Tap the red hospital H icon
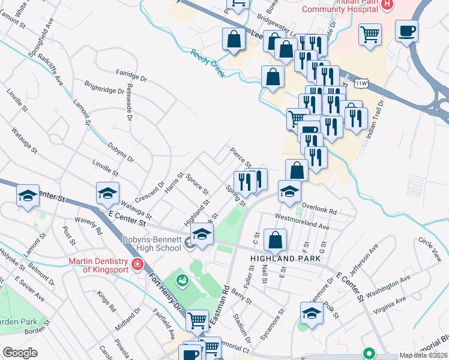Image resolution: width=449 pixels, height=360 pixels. pyautogui.click(x=387, y=5)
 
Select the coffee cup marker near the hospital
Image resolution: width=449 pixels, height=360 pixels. pyautogui.click(x=406, y=31)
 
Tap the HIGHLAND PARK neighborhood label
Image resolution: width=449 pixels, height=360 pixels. pyautogui.click(x=285, y=258)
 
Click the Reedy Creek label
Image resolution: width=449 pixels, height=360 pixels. pyautogui.click(x=208, y=63)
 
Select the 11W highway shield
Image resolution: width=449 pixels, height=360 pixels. pyautogui.click(x=361, y=83)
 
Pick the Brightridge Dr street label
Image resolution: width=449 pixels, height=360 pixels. pyautogui.click(x=104, y=92)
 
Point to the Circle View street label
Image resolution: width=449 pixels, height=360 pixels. pyautogui.click(x=430, y=249)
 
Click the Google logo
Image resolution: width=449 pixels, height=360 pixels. pyautogui.click(x=20, y=353)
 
